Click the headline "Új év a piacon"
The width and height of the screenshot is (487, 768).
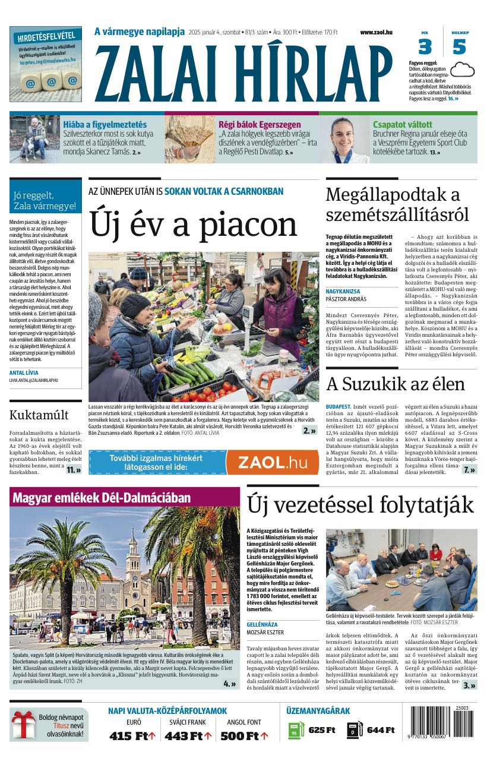(x=193, y=225)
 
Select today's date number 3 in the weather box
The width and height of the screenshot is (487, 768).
(x=425, y=47)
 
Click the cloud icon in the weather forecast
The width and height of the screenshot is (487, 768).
(x=462, y=71)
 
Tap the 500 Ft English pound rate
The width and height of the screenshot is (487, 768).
(x=244, y=736)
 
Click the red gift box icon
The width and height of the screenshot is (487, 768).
(x=23, y=725)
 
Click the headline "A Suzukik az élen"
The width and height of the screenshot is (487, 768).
(x=395, y=384)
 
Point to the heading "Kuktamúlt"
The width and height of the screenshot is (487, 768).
(x=39, y=415)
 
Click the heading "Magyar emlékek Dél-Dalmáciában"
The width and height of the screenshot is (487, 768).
(x=101, y=498)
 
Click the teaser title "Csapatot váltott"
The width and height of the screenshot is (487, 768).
(x=402, y=125)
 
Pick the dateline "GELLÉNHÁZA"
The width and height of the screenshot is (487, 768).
(x=262, y=625)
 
